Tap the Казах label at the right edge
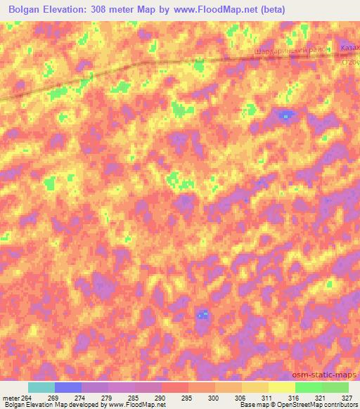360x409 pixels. pos(349,48)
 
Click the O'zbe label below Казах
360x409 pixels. pos(350,59)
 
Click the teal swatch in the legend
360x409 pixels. pos(41,388)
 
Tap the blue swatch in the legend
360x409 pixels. pos(68,388)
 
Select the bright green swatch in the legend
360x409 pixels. pos(308,388)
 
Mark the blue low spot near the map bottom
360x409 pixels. pos(202,314)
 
